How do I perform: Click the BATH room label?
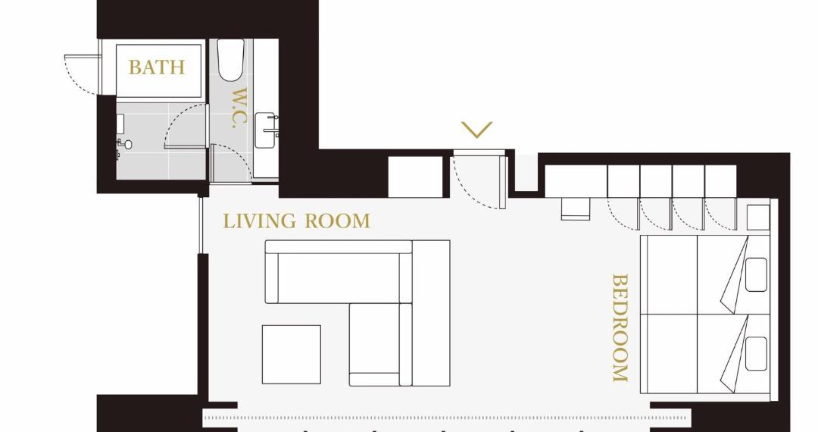(x=157, y=67)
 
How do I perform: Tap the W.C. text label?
(x=238, y=108)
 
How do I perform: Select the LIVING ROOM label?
(x=296, y=221)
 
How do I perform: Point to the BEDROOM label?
(x=620, y=327)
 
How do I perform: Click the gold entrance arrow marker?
(x=477, y=130)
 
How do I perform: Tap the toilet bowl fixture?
(x=230, y=60)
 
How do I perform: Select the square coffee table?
(x=291, y=354)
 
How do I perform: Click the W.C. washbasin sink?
(x=267, y=130)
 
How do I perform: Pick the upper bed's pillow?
(x=756, y=274)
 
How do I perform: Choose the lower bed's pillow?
(x=756, y=354)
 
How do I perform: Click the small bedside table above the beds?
(x=758, y=217)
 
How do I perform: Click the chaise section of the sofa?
(x=375, y=344)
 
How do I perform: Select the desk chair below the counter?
(x=576, y=208)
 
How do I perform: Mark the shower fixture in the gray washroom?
(x=124, y=144)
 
